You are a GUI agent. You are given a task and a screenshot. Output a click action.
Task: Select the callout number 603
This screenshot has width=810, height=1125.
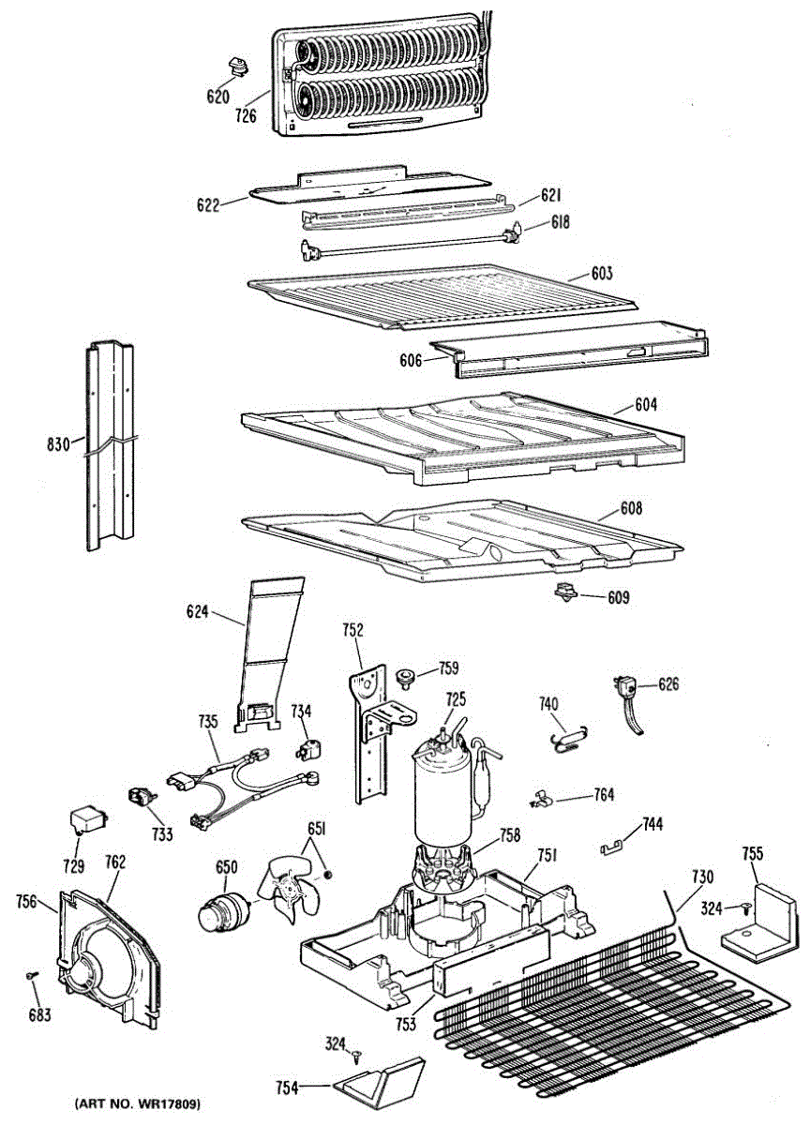click(x=602, y=274)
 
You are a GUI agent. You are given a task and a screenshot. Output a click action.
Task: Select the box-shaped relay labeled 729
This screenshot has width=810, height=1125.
click(x=85, y=821)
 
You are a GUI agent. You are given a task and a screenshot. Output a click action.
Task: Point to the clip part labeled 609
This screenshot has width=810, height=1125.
click(x=565, y=592)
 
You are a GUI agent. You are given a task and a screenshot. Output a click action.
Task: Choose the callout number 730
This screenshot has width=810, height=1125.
click(x=702, y=877)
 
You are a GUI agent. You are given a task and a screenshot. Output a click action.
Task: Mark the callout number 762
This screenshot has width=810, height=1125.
click(x=115, y=862)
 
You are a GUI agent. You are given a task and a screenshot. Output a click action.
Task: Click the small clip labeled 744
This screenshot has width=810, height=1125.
click(x=612, y=847)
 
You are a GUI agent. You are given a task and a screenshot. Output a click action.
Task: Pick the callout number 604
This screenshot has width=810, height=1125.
click(x=646, y=406)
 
